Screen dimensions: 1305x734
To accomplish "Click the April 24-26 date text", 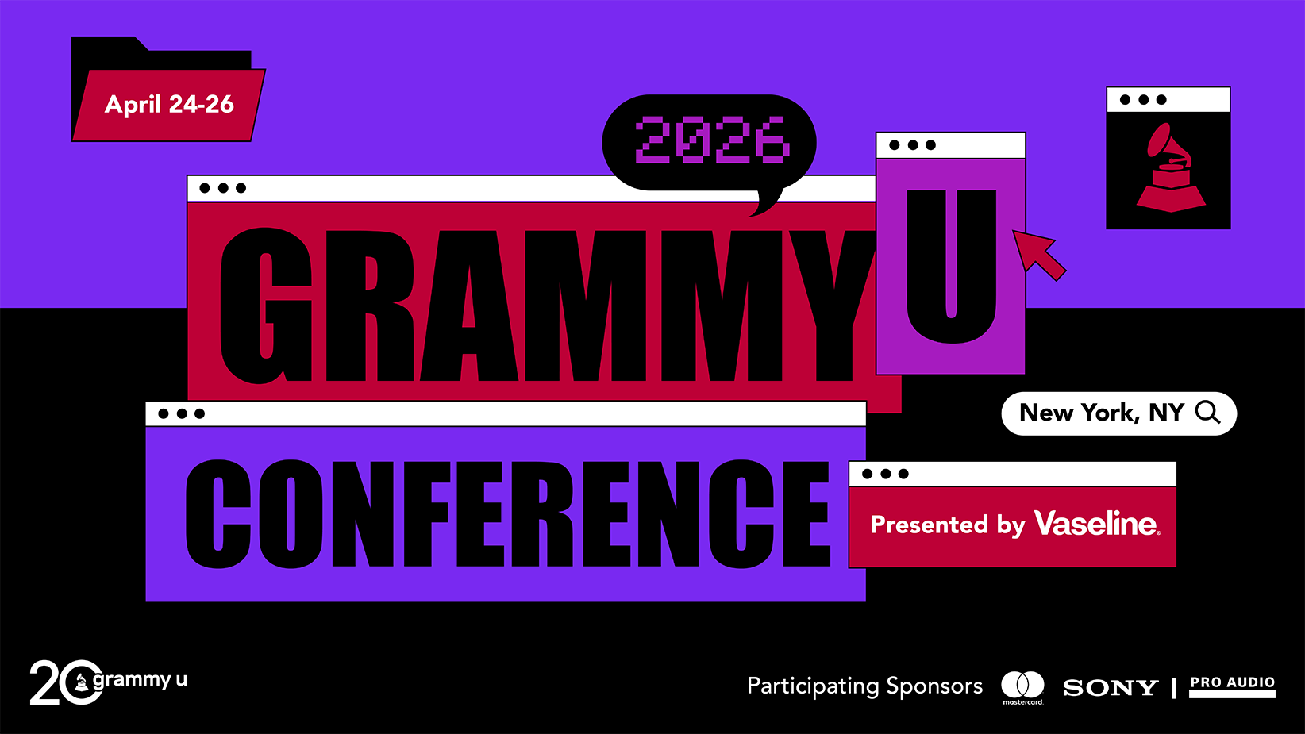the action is [x=169, y=104].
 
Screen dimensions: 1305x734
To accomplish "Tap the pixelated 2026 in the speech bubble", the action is [x=712, y=139].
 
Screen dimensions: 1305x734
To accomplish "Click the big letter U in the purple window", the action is [x=951, y=266].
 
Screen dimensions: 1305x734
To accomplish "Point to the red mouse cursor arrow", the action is [x=1038, y=254].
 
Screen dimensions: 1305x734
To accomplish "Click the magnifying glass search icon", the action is [x=1207, y=413].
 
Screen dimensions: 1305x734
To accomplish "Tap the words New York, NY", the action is [x=1102, y=413].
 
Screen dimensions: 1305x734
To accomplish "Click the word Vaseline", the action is [x=1097, y=523].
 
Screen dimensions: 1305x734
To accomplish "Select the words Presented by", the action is [x=947, y=525].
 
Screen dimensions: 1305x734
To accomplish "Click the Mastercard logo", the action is [x=1022, y=687].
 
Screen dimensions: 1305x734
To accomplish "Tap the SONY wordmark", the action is [x=1111, y=688].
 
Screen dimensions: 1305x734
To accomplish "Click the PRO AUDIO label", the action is [x=1232, y=686].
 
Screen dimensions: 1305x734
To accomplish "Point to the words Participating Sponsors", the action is [x=864, y=687].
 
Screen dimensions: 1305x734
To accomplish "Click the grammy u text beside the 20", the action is [x=140, y=680].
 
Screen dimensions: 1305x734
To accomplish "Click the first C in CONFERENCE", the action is [x=217, y=513].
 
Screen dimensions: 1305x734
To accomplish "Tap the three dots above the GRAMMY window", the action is [x=222, y=188].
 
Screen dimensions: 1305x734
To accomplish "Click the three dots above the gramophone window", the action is [x=1143, y=100].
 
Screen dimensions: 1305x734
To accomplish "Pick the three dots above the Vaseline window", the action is [x=885, y=474].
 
